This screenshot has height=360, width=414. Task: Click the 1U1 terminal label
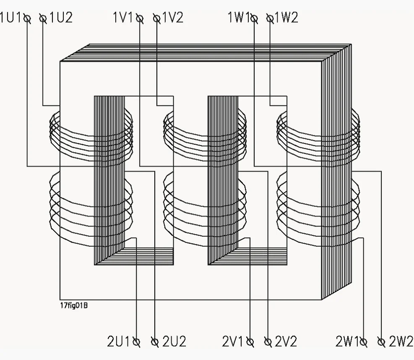11,18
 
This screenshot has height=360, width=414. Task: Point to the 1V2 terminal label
172,18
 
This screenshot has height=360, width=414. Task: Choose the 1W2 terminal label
286,18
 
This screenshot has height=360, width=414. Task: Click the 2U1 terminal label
119,342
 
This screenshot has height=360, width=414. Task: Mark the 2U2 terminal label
174,342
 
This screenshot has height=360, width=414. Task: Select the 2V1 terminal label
234,342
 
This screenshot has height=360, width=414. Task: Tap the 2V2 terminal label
286,342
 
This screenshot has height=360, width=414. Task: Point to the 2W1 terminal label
347,342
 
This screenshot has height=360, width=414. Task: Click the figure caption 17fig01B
74,305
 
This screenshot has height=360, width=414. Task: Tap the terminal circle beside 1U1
27,18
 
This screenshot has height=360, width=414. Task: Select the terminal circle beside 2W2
381,342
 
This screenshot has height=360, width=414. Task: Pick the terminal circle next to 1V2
157,18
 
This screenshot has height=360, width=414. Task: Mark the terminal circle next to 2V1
250,342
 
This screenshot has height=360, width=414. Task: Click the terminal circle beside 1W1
254,18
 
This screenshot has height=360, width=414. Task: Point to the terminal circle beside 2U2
155,342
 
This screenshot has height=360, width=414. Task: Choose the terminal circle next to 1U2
43,18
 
